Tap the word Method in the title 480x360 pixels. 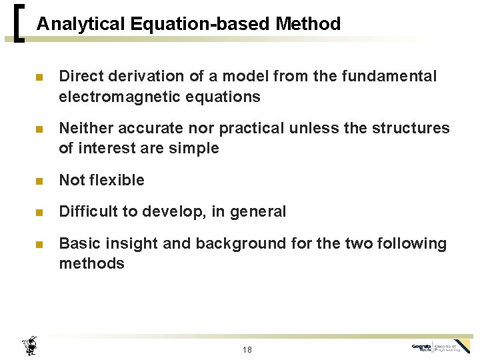point(307,25)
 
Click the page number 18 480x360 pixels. point(247,349)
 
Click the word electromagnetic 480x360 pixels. point(117,97)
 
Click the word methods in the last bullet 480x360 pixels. point(91,263)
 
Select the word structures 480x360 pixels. point(417,128)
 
